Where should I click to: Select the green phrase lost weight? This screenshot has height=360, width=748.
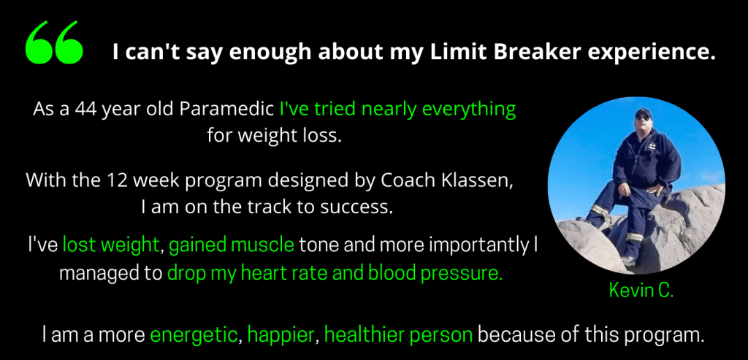click(x=111, y=245)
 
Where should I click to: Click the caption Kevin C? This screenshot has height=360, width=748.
click(x=641, y=291)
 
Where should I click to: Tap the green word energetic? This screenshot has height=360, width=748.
click(x=194, y=336)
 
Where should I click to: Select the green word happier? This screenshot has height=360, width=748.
click(x=281, y=336)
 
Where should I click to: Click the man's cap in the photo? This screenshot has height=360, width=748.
click(x=644, y=112)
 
